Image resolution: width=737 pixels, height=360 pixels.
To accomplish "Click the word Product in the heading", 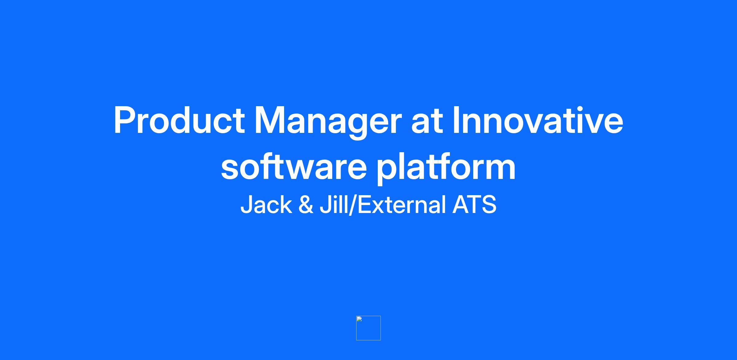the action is pos(179,120).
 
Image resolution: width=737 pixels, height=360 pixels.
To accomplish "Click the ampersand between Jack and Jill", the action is pos(306,205).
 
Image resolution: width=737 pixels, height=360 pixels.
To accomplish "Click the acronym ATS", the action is pos(474,204).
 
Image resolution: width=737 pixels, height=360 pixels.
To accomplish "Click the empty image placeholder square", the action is pos(368,328).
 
